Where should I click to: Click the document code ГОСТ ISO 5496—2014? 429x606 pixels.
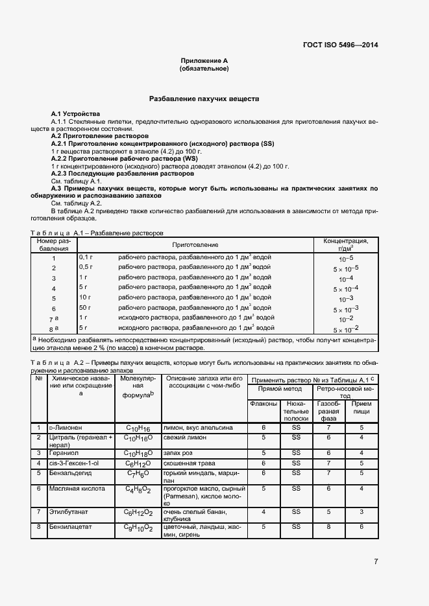[x=340, y=45]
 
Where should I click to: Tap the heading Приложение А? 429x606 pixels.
[x=204, y=61]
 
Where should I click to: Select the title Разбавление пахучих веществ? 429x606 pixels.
[x=204, y=99]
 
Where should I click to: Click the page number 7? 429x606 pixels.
[x=376, y=561]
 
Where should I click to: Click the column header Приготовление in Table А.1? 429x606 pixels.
[x=195, y=244]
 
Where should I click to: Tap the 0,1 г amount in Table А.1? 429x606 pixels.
[x=86, y=257]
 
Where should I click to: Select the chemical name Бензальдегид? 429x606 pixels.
[x=72, y=473]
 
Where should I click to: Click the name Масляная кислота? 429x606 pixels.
[x=77, y=489]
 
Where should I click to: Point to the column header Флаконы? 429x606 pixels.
[x=264, y=404]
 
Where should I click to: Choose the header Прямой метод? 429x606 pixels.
[x=280, y=389]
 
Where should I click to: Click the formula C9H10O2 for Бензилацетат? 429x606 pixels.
[x=138, y=528]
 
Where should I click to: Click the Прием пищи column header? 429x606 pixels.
[x=362, y=408]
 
